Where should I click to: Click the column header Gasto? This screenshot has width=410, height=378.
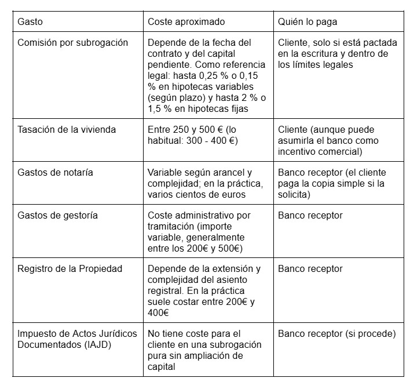[30, 21]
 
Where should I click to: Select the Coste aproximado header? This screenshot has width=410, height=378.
[186, 21]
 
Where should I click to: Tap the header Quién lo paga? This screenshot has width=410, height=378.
[307, 21]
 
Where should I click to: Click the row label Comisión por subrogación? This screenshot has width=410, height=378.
[73, 43]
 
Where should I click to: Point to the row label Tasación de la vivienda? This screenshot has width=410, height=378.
[67, 129]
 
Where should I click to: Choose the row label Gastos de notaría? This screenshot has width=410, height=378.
[56, 172]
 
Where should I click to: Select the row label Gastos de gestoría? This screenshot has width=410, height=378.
[58, 216]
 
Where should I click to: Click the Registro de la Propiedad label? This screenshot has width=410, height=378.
[70, 269]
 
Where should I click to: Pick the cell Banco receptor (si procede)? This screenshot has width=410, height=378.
[336, 333]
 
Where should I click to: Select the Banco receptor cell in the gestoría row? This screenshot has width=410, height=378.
[310, 216]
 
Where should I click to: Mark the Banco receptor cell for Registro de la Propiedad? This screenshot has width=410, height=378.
[310, 269]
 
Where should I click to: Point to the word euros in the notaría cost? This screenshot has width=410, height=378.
[233, 194]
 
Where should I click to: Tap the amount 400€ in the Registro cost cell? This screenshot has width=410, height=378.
[158, 313]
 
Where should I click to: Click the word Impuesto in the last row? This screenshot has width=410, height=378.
[36, 333]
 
